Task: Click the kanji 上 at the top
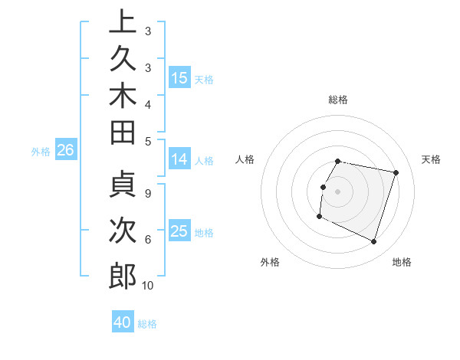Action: (x=123, y=23)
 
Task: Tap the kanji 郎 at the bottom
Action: (x=123, y=275)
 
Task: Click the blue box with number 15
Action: (x=179, y=78)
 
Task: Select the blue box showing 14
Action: (x=179, y=159)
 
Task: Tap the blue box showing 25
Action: (x=179, y=231)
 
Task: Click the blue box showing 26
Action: (x=66, y=151)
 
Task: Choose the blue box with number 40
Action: (x=123, y=322)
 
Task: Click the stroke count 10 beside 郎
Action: (x=147, y=286)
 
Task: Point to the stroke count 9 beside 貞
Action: (x=147, y=193)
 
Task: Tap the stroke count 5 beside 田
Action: (x=147, y=141)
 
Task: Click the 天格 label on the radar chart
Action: (x=431, y=159)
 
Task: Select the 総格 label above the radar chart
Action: (x=338, y=100)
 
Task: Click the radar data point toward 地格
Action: (x=373, y=242)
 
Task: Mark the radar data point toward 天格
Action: (x=396, y=173)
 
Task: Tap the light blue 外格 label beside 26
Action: (x=41, y=152)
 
